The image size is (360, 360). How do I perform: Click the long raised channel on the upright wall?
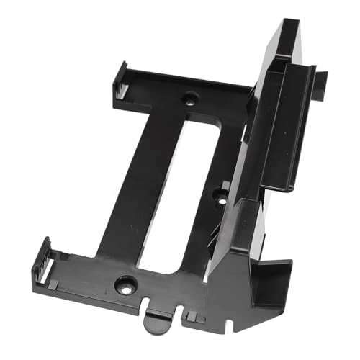[x=284, y=122]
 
